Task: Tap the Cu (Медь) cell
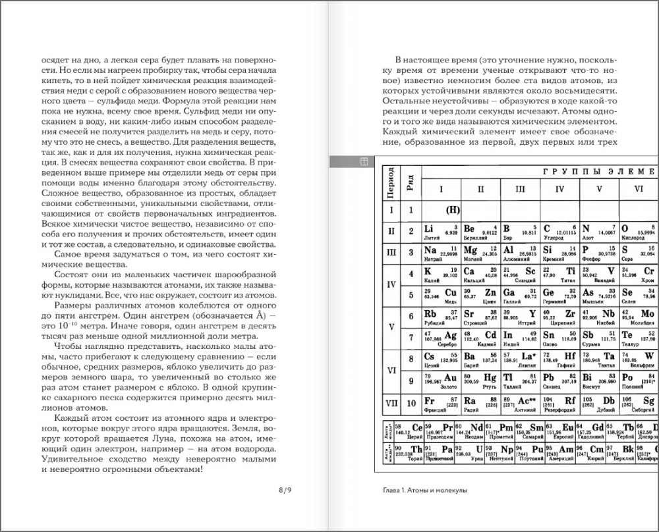pyautogui.click(x=441, y=294)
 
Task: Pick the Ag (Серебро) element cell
pyautogui.click(x=441, y=337)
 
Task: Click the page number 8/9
pyautogui.click(x=285, y=490)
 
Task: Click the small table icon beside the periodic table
pyautogui.click(x=363, y=161)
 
